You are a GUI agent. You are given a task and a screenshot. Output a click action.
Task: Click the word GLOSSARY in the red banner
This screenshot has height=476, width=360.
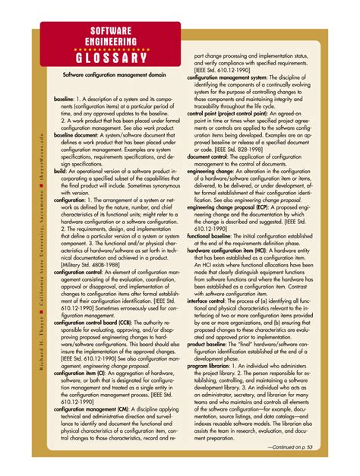(111, 58)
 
